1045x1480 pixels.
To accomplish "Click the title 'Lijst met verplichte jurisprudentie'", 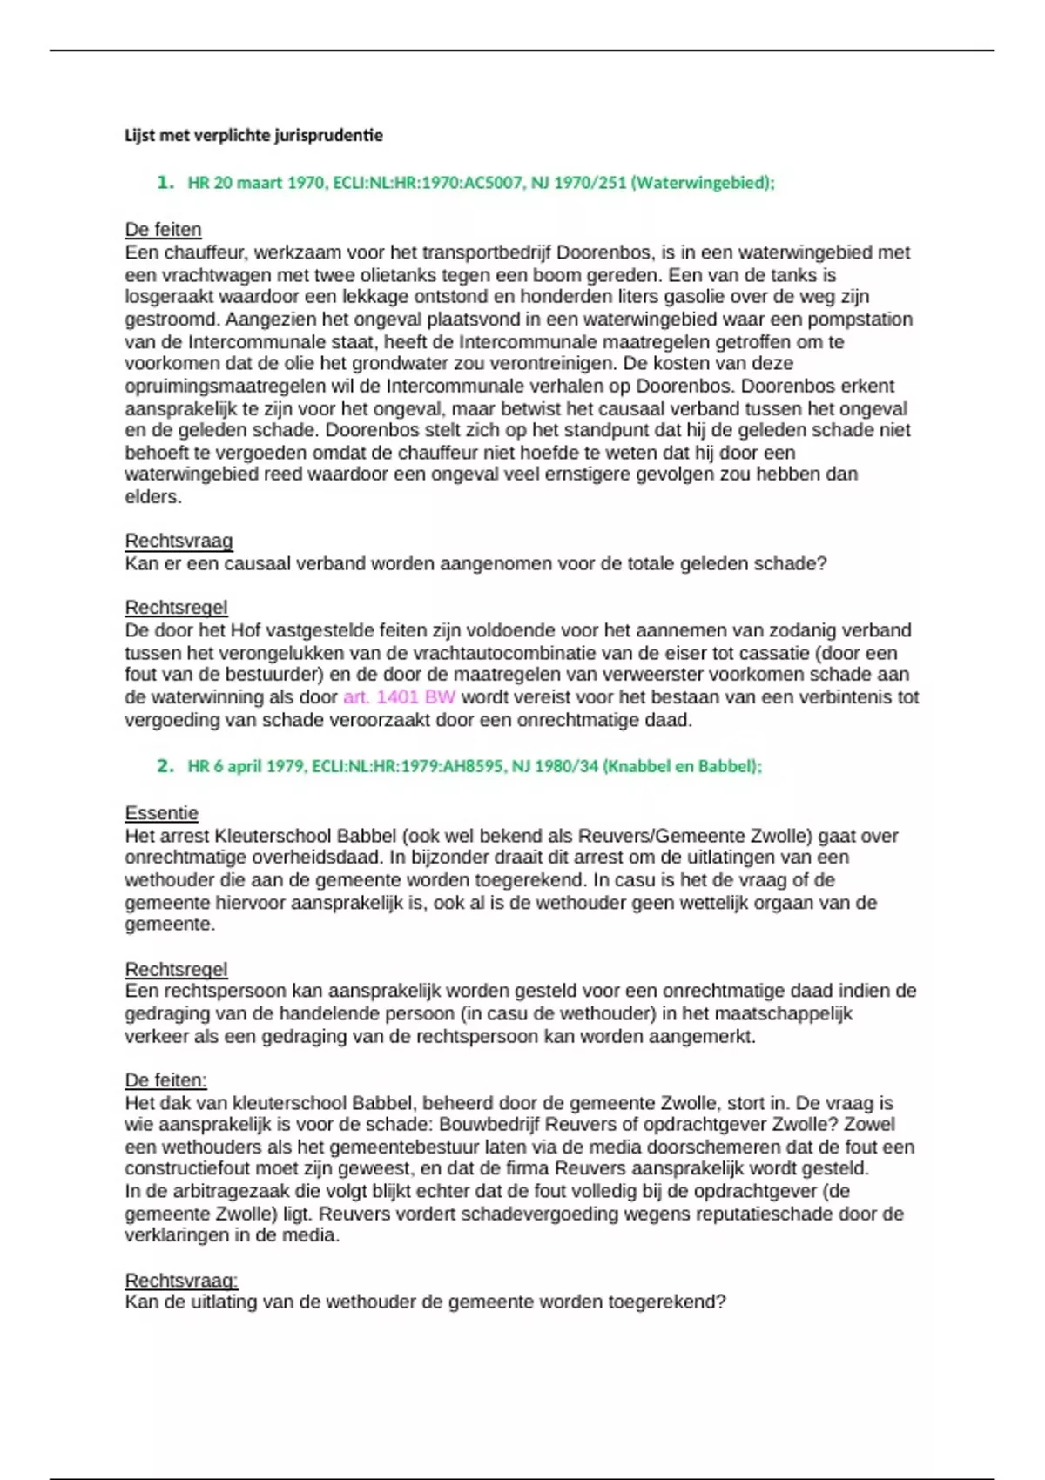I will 253,135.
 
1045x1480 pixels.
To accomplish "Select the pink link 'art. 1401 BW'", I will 399,697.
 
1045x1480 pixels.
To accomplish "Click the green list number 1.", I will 165,182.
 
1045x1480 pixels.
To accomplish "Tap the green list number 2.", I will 165,766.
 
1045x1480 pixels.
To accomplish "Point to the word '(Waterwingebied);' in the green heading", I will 702,183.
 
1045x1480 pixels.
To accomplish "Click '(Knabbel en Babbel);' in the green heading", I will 682,766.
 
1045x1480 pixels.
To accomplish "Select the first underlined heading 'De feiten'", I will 163,230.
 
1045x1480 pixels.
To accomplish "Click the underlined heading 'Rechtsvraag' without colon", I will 179,541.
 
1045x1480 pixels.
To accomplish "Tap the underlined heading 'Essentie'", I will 161,813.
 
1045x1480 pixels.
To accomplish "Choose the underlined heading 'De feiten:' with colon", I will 165,1080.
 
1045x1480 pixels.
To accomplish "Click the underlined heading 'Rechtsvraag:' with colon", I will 181,1281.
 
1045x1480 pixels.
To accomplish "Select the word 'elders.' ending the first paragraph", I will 153,497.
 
